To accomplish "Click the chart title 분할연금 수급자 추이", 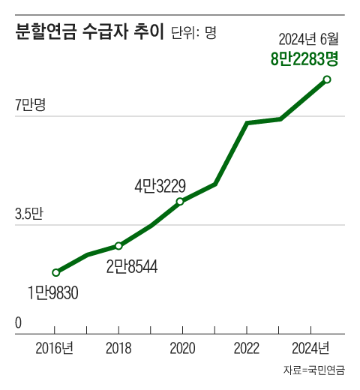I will (x=88, y=33).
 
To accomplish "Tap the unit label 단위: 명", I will (x=193, y=34).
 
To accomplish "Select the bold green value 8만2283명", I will (x=304, y=58).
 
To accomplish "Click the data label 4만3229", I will (x=160, y=184).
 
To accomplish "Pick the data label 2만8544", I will (x=131, y=265).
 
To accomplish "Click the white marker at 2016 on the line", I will (x=55, y=272).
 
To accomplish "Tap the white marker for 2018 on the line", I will (x=118, y=246).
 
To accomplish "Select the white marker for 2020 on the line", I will (x=180, y=201).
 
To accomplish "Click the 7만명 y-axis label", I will (x=30, y=105).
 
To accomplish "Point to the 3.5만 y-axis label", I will (x=29, y=214).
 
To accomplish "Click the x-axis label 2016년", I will (x=54, y=348).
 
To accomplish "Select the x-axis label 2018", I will (x=118, y=348).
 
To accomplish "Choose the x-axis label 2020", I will (x=183, y=348).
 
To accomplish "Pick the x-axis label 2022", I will (x=247, y=348).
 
